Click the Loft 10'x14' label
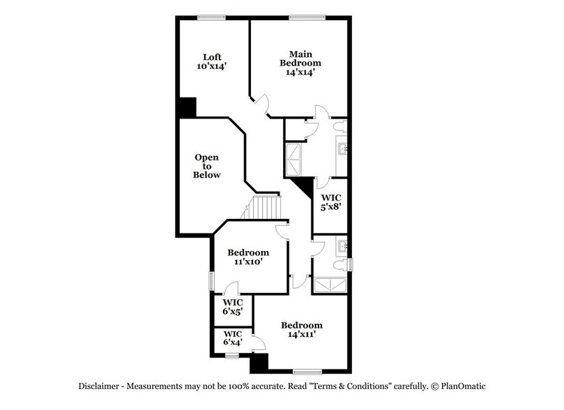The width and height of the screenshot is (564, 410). pyautogui.click(x=212, y=62)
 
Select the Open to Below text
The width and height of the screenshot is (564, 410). pyautogui.click(x=207, y=166)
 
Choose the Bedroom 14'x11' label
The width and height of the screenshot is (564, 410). pyautogui.click(x=301, y=331)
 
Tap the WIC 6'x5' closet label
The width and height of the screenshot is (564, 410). pyautogui.click(x=231, y=307)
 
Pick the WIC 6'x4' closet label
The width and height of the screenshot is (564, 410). pyautogui.click(x=231, y=338)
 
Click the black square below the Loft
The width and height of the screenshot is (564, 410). pyautogui.click(x=186, y=107)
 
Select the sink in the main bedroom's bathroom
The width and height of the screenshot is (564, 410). pyautogui.click(x=343, y=149)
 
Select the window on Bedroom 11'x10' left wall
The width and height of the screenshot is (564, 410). pyautogui.click(x=212, y=280)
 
